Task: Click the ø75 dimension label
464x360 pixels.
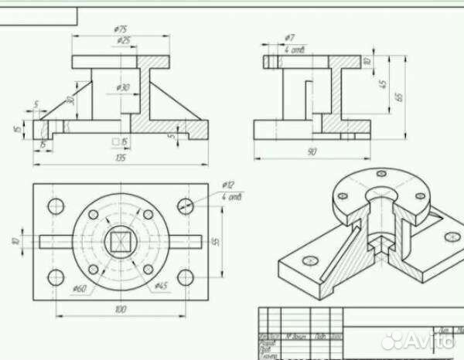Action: [x=120, y=29]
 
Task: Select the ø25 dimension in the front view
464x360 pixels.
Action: [x=121, y=39]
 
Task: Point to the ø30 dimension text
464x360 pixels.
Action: [x=123, y=87]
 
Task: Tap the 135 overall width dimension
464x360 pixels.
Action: [x=121, y=158]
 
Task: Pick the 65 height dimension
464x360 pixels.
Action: [x=399, y=97]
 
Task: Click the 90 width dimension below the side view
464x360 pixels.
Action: [x=310, y=152]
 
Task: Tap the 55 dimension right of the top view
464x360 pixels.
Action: [x=217, y=241]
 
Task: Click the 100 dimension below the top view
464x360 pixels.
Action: [x=120, y=309]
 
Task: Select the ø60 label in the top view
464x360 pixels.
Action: [x=79, y=289]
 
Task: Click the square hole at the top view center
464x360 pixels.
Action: [x=120, y=242]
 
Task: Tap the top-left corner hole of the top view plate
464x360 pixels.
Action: [x=56, y=206]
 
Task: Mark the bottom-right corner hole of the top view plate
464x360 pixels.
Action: [x=185, y=277]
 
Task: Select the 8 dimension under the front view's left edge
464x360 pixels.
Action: [x=43, y=144]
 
